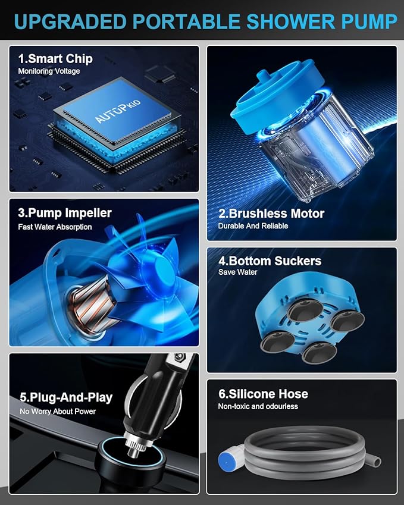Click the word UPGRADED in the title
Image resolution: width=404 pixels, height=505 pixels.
click(x=70, y=21)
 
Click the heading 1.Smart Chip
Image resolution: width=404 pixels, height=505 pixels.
click(x=55, y=59)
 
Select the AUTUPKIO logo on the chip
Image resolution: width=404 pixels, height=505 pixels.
click(x=118, y=111)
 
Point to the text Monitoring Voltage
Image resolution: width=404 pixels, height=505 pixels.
click(x=49, y=71)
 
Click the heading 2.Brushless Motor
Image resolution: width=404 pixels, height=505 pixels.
click(x=271, y=213)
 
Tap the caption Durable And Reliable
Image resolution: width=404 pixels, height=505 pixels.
click(x=253, y=226)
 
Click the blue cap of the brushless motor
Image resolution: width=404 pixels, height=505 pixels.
click(x=277, y=94)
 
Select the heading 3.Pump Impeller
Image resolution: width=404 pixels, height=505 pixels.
click(x=65, y=213)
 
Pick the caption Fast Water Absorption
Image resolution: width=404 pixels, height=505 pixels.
click(x=55, y=227)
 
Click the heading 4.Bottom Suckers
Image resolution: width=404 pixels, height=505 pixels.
click(x=270, y=261)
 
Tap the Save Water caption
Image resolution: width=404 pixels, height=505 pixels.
click(x=238, y=272)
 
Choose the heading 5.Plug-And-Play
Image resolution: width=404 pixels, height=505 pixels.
click(x=66, y=397)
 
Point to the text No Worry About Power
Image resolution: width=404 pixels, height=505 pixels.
click(x=58, y=411)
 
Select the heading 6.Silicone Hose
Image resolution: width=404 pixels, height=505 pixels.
click(x=263, y=394)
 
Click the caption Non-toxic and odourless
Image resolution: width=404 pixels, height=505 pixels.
click(x=258, y=406)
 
